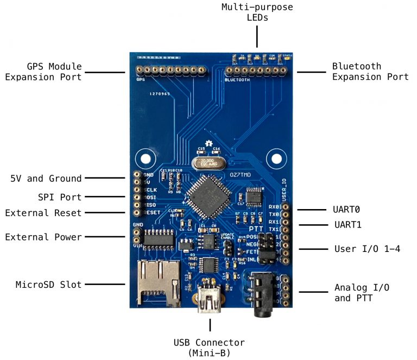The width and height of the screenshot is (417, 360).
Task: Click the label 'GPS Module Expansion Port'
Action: (43, 72)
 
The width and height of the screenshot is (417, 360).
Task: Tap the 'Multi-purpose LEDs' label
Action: (257, 12)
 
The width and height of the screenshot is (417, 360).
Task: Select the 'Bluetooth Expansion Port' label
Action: (370, 72)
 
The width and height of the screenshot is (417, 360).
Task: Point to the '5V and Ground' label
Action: (46, 179)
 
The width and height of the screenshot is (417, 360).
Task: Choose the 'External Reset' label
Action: (43, 213)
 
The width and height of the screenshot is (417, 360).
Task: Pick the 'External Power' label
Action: (43, 237)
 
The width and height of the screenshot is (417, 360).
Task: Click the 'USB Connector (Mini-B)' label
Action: (209, 348)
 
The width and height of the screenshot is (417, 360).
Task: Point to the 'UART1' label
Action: (347, 224)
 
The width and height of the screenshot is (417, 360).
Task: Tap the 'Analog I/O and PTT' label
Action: (361, 292)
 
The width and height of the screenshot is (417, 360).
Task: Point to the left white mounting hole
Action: (146, 159)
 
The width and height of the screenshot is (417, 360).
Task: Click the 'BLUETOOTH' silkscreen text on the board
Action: (237, 80)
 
